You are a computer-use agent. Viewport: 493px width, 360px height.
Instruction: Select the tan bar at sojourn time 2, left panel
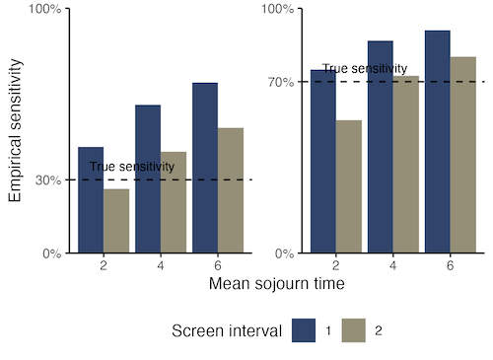coord(116,221)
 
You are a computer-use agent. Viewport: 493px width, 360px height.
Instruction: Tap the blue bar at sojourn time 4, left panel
coord(148,179)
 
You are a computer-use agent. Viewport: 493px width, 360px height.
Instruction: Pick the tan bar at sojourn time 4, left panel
coord(174,202)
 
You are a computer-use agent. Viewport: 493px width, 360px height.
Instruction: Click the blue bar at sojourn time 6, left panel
coord(205,168)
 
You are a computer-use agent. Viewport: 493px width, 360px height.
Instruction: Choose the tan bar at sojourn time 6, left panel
coord(231,190)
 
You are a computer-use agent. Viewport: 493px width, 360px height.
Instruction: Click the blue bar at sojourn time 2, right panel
coord(323,162)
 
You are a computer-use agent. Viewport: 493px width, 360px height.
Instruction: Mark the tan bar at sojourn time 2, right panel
coord(349,186)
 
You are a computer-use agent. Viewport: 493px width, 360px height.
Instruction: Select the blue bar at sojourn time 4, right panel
coord(381,147)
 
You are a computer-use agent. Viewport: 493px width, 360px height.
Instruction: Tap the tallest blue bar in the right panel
coord(438,142)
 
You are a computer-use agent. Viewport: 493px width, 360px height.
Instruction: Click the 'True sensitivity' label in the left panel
coord(132,167)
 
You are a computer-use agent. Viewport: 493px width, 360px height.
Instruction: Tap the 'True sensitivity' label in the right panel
coord(365,69)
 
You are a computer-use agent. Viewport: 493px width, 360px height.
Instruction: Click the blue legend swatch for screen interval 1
coord(304,330)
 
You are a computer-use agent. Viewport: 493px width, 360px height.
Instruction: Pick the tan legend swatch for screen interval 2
coord(354,330)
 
